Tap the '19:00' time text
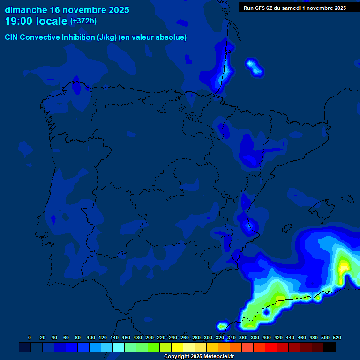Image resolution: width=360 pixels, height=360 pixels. click(19, 21)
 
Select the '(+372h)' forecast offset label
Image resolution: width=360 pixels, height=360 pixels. click(83, 21)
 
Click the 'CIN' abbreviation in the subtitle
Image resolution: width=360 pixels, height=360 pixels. click(12, 37)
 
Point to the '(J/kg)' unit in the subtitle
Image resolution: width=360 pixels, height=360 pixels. click(107, 37)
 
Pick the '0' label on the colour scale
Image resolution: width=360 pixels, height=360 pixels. click(30, 337)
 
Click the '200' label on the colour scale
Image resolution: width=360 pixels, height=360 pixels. click(150, 337)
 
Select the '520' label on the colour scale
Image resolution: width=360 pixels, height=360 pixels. click(337, 337)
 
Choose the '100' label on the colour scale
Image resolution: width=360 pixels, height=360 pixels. click(91, 337)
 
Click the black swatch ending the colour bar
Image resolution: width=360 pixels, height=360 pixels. click(330, 347)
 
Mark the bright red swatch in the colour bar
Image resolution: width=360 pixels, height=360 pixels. click(271, 347)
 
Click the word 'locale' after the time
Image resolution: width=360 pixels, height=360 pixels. click(52, 21)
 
